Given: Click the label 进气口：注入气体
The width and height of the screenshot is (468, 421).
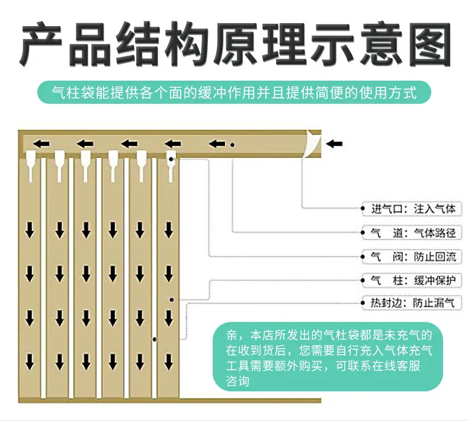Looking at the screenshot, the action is pos(413,209).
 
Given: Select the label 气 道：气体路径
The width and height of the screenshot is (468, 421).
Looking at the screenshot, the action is pos(413,233).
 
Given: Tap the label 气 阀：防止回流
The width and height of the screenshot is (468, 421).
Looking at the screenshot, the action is pos(413,256).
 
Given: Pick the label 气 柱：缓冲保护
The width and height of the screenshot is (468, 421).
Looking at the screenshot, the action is pos(413,280).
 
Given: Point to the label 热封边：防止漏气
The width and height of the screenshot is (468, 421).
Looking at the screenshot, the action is pos(412,303).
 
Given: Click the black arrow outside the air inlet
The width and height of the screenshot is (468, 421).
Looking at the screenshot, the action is pos(334,144).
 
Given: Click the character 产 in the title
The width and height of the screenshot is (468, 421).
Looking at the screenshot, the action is pos(41,44).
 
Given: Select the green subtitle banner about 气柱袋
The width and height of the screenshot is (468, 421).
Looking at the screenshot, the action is pos(235,93).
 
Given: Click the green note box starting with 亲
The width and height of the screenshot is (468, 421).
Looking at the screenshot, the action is pos(328,356).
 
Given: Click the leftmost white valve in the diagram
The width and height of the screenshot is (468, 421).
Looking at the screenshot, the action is pos(31,166).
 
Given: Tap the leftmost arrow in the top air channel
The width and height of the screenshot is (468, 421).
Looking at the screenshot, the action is pos(41,144).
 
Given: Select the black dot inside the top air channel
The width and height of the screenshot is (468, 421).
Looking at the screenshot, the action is pos(232,145).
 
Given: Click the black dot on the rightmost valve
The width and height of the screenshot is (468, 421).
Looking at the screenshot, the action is pos(171,159).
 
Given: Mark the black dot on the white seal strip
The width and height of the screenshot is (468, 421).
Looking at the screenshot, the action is pos(155,339).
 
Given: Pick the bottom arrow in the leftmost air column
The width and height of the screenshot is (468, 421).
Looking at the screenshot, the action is pos(30,362).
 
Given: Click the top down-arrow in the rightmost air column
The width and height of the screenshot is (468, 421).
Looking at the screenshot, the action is pos(169,230).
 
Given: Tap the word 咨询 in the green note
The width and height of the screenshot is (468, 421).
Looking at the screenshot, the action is pos(238,381).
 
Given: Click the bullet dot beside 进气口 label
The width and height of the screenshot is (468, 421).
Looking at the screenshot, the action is pos(363,208).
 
